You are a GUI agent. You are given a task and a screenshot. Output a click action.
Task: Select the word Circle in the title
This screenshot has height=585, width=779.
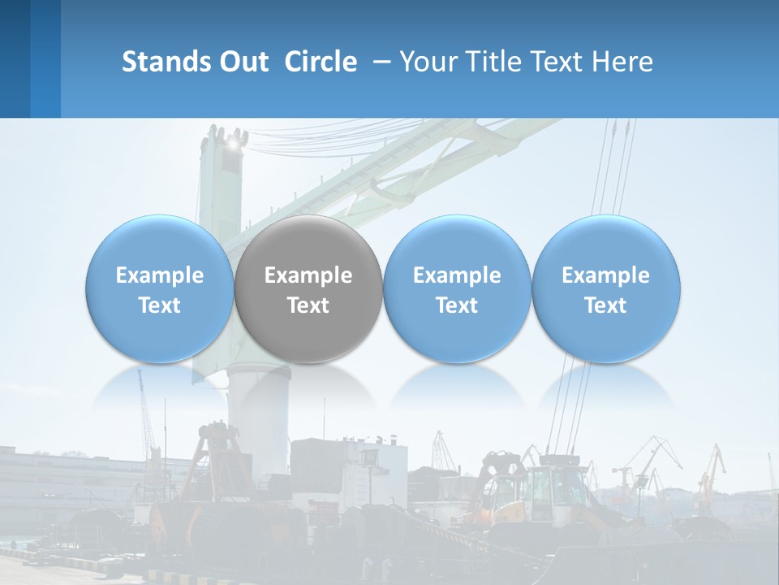321,62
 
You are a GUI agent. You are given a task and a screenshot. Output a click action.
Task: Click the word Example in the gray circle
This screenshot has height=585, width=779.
308,275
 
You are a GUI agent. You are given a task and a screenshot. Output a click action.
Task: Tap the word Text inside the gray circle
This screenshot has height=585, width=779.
308,305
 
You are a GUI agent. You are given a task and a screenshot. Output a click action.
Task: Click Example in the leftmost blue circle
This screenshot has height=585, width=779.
160,275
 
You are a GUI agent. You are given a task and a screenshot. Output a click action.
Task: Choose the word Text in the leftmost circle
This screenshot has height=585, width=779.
160,305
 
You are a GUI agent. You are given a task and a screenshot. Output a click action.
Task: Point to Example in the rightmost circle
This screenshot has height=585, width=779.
605,275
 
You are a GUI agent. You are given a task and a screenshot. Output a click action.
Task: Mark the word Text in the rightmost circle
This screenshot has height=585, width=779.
605,305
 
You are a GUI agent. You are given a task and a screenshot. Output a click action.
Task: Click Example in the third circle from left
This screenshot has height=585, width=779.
457,275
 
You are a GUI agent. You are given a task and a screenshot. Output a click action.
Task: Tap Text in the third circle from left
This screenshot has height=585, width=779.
457,305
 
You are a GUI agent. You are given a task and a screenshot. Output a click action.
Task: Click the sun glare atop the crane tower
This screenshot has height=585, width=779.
236,143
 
